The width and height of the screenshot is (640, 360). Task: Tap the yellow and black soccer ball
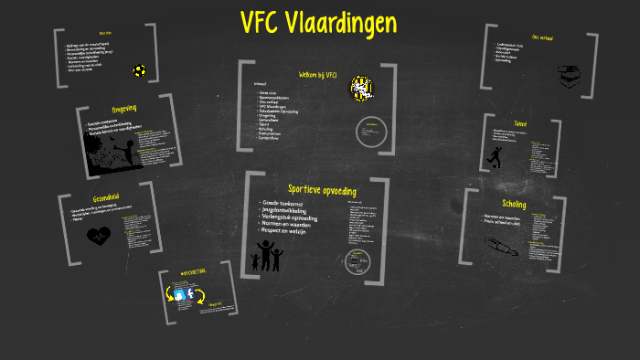(x=139, y=69)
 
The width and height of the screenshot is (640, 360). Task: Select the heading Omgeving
(x=123, y=109)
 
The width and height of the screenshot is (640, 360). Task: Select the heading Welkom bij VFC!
(x=319, y=75)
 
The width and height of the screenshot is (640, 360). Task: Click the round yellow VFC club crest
(x=362, y=89)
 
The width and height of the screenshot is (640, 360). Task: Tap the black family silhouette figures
(x=267, y=256)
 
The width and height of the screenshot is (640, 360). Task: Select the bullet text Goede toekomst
(x=283, y=201)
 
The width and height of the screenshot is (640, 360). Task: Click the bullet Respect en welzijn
(x=291, y=232)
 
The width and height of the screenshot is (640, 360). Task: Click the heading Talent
(x=520, y=123)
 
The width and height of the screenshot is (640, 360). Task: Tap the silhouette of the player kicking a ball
(x=496, y=157)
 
